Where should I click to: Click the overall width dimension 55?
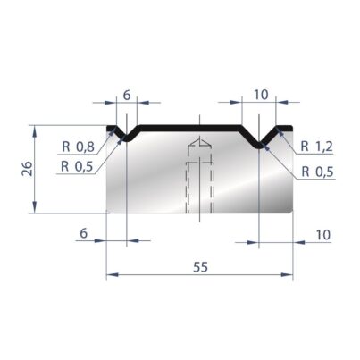pyautogui.click(x=200, y=267)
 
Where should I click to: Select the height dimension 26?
pyautogui.click(x=28, y=169)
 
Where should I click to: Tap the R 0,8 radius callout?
pyautogui.click(x=79, y=147)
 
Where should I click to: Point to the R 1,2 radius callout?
pyautogui.click(x=316, y=147)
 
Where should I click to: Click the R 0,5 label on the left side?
pyautogui.click(x=77, y=166)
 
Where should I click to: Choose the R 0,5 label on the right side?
pyautogui.click(x=317, y=172)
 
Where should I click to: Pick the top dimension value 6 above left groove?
pyautogui.click(x=127, y=95)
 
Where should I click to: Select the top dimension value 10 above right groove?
pyautogui.click(x=261, y=95)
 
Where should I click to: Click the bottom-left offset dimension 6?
pyautogui.click(x=84, y=233)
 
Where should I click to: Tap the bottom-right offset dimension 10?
pyautogui.click(x=323, y=235)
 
